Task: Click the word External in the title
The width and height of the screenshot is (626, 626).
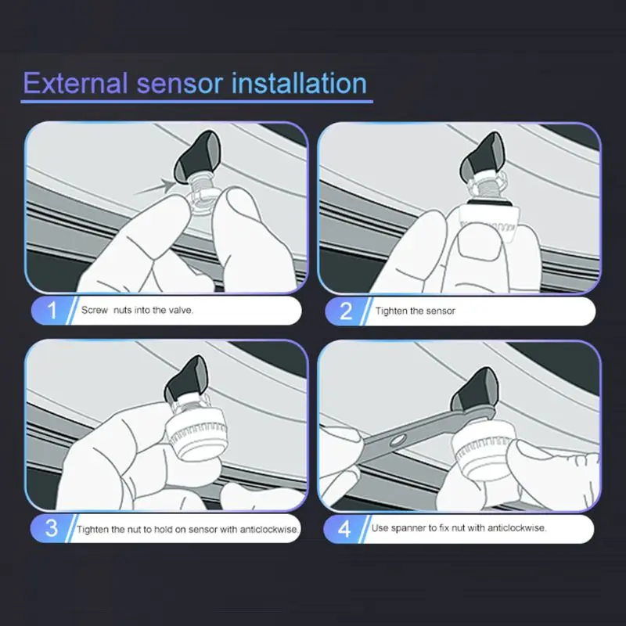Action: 75,83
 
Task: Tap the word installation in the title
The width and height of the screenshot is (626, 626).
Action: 299,83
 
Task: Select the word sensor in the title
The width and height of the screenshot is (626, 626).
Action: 180,84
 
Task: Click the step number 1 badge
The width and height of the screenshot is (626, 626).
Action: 52,310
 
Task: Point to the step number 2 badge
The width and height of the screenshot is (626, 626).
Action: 346,311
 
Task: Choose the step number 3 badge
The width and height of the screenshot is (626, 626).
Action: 52,528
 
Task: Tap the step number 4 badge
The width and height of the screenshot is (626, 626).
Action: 344,529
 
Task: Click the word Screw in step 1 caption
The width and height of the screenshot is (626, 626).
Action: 95,310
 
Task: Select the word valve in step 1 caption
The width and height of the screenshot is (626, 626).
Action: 180,310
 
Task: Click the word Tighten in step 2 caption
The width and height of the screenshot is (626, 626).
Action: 389,311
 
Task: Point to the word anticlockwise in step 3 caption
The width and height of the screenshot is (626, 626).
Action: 268,530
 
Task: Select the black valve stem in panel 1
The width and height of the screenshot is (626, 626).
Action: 198,156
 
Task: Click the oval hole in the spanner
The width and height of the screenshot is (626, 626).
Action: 398,441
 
